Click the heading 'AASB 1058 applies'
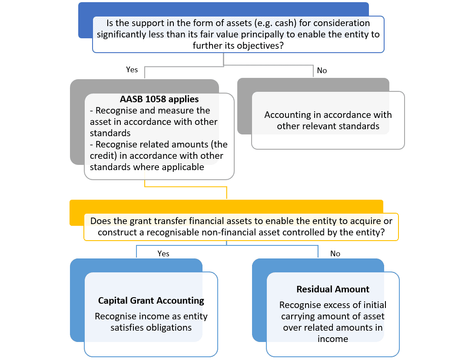[x=159, y=99]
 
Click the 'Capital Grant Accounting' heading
[x=151, y=300]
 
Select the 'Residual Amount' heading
[x=333, y=289]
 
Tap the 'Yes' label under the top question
[x=132, y=70]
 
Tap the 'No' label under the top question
[x=322, y=70]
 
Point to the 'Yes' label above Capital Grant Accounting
[x=163, y=254]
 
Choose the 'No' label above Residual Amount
[x=335, y=254]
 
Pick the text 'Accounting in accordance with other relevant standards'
[x=328, y=121]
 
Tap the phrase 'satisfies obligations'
[x=151, y=328]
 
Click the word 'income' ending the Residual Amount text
[x=333, y=339]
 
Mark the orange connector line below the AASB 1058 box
[x=186, y=187]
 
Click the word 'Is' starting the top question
[x=110, y=23]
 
